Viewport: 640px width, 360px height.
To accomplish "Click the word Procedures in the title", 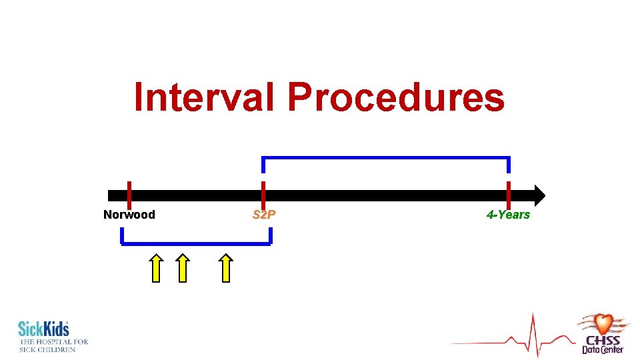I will pos(396,97).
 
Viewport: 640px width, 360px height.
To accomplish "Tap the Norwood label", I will pos(129,215).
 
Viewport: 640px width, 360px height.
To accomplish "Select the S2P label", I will pos(264,215).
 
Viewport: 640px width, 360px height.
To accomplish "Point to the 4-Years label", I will pos(508,215).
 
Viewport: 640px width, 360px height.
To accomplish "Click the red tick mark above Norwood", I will pos(129,189).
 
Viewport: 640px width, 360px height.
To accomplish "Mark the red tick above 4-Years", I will pos(509,189).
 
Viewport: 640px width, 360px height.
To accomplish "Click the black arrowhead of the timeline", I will pos(539,195).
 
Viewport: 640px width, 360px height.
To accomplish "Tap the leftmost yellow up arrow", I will pos(155,268).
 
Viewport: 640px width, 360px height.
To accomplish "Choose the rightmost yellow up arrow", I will pos(227,268).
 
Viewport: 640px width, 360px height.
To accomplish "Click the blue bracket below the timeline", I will pos(196,243).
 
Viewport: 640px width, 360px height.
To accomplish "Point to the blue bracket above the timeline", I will pos(386,158).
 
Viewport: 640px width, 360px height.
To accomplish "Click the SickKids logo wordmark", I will pos(43,329).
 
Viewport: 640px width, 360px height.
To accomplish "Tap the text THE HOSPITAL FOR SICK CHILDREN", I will pos(53,345).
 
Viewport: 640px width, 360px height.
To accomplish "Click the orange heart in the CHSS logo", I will pos(603,324).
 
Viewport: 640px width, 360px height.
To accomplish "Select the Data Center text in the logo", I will pos(603,349).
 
